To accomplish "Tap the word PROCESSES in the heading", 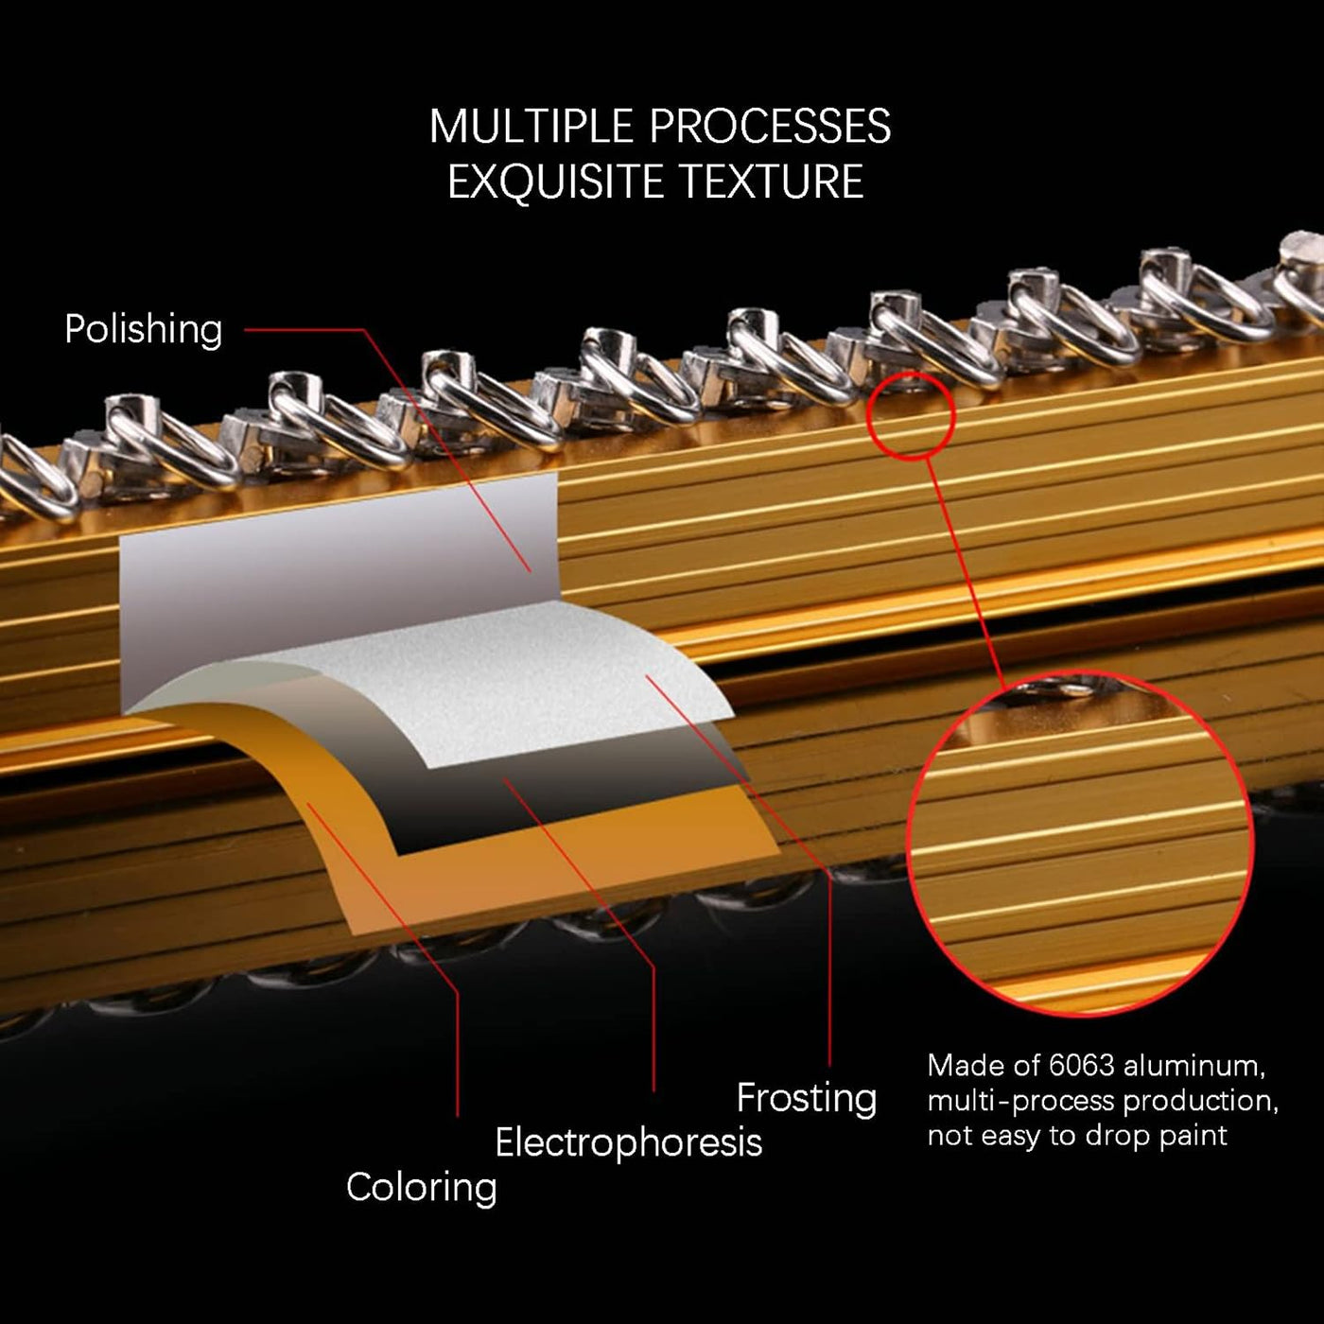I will [x=771, y=127].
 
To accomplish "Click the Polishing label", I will [x=144, y=329].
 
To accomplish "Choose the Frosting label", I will [x=807, y=1098].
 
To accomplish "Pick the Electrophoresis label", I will [x=628, y=1142].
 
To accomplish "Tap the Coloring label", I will [x=421, y=1187].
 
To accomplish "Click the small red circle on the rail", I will [x=911, y=416].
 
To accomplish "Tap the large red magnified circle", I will [x=1080, y=842].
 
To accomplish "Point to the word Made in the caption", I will [x=958, y=1066].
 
